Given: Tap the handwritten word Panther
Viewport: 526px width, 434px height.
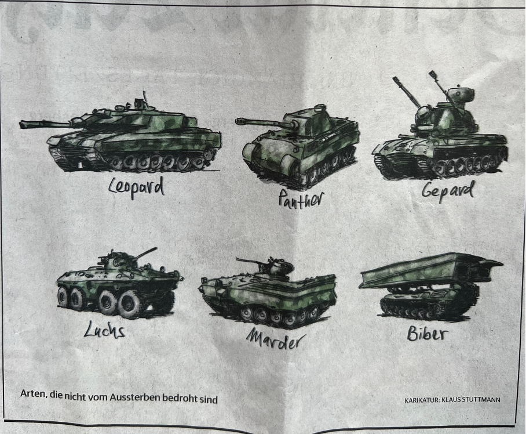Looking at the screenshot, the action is [x=301, y=199].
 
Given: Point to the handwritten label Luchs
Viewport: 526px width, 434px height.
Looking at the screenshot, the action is [x=105, y=329].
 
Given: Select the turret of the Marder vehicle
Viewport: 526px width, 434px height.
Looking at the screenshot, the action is [x=277, y=267].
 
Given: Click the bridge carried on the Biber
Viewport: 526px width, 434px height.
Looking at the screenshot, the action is [x=431, y=271].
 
